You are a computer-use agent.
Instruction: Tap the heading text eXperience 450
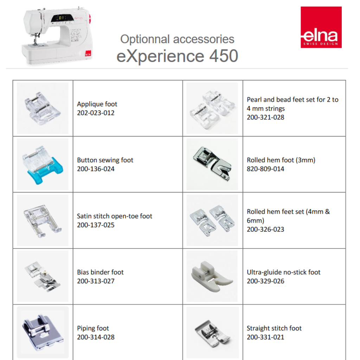[177, 56]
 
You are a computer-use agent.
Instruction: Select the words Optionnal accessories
[177, 39]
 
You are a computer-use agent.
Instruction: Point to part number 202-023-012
[96, 113]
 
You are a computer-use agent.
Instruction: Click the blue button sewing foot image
[42, 165]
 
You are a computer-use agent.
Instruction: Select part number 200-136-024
[96, 169]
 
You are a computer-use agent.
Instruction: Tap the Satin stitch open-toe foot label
[115, 216]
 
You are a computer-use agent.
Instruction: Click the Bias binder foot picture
[43, 277]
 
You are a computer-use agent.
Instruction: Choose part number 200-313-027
[96, 281]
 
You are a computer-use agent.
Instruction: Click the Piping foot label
[93, 328]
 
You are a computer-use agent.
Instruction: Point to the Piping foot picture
[42, 332]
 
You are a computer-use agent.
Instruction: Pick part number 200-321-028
[265, 117]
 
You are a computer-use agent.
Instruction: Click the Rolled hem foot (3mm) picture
[212, 164]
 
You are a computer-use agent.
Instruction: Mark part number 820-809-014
[265, 169]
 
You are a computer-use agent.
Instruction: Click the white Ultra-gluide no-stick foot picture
[212, 276]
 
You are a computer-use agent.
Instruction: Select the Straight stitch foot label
[274, 328]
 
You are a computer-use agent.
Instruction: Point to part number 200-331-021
[265, 337]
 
